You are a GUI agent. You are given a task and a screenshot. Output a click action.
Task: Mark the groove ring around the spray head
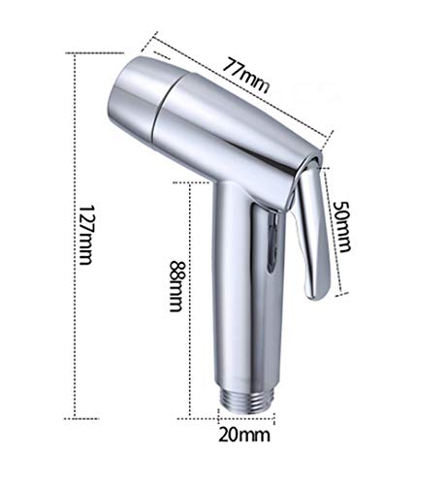163,106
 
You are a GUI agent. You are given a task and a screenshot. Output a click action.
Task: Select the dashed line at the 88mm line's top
194,180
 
